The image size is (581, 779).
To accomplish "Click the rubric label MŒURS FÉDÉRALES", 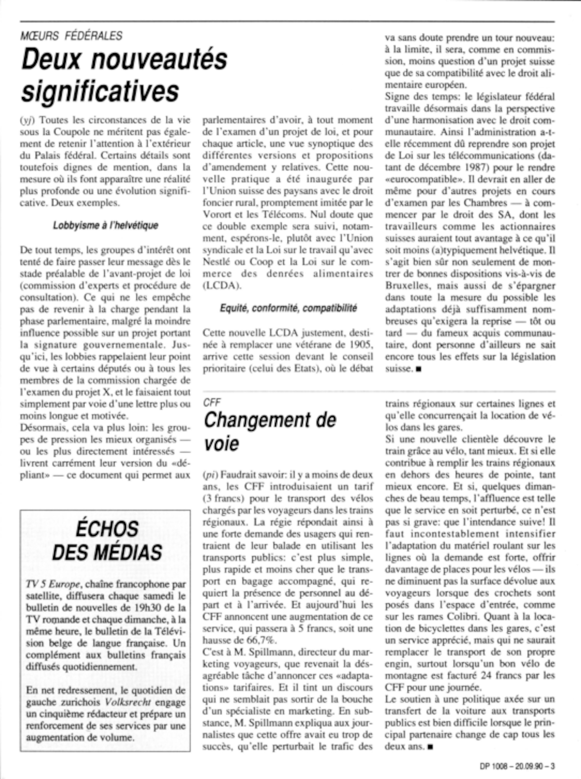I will click(71, 35).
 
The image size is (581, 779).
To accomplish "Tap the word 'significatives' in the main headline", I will click(100, 90).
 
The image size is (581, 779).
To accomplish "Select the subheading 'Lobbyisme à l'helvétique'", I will click(105, 225).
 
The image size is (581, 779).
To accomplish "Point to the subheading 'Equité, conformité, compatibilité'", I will click(288, 308).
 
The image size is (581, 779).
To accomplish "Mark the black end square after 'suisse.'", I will click(418, 369).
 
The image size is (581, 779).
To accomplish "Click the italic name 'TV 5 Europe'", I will click(53, 584).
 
